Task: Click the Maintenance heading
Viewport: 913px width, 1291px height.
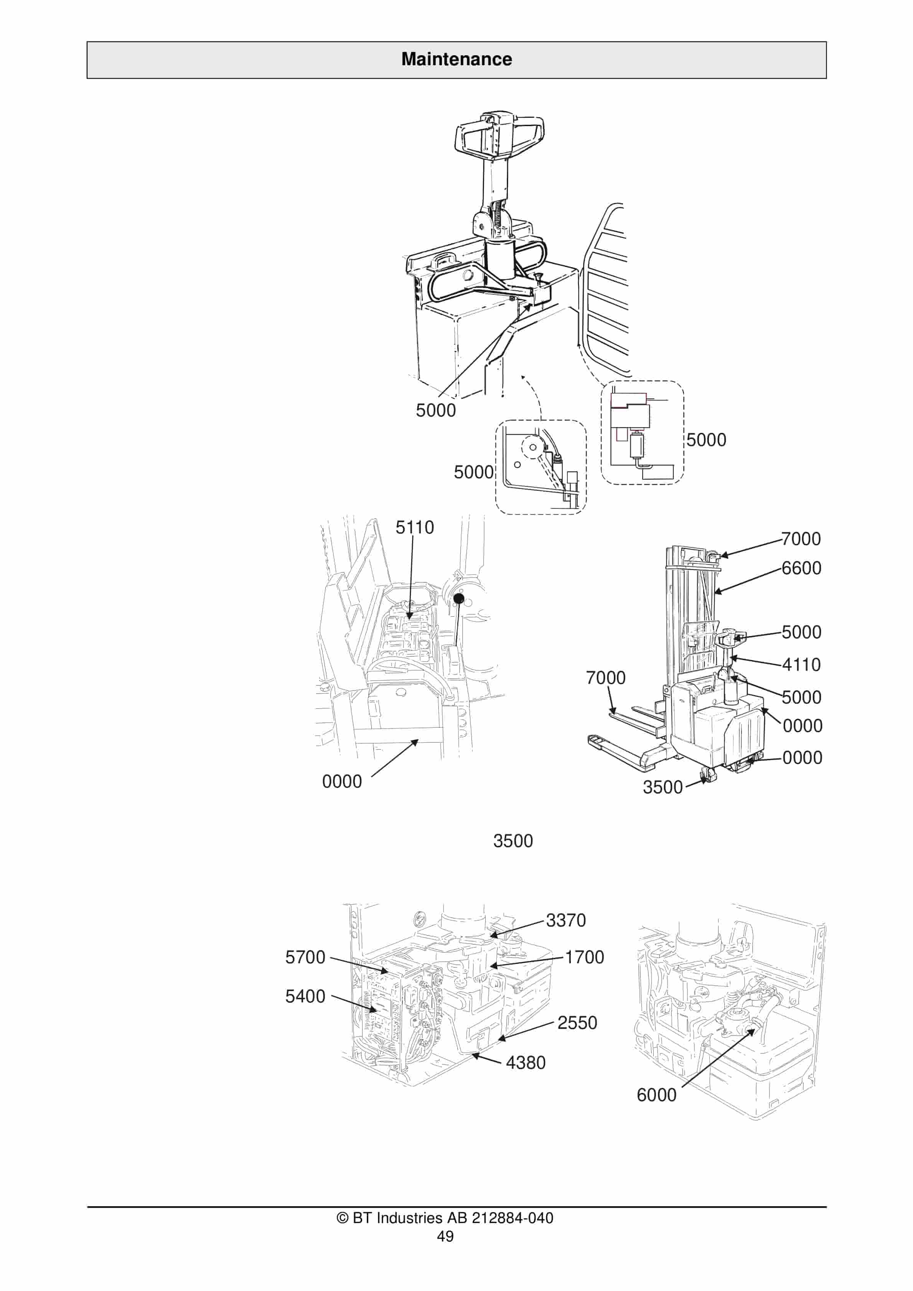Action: point(456,59)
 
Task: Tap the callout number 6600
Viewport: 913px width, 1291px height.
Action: point(801,568)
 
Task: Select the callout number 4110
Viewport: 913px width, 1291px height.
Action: point(801,665)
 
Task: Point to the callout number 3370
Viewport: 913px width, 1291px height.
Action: point(565,920)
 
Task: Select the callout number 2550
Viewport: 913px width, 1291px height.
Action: point(577,1023)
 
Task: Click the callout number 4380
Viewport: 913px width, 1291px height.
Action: point(525,1063)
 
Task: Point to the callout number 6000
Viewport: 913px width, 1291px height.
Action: point(656,1095)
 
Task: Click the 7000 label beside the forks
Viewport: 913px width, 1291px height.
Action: point(605,678)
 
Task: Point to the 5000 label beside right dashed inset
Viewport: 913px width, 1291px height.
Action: point(706,440)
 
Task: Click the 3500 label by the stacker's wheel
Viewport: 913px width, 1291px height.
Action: point(662,787)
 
